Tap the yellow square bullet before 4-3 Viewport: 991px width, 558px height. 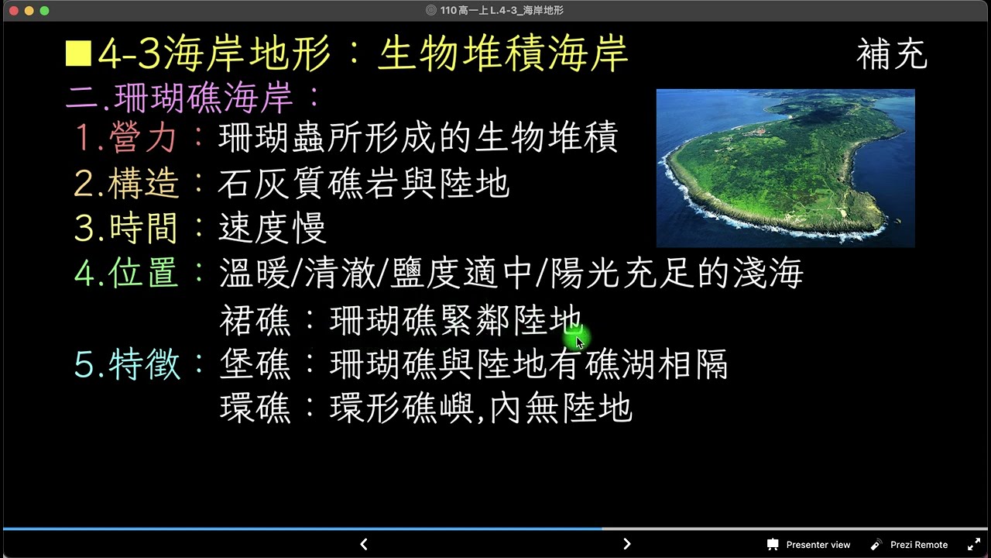click(x=78, y=54)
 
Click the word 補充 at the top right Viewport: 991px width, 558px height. click(x=891, y=56)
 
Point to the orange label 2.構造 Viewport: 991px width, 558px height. click(x=126, y=184)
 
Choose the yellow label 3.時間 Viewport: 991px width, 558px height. click(x=126, y=229)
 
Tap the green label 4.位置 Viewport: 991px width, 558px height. click(x=126, y=274)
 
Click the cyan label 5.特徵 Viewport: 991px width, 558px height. click(x=126, y=364)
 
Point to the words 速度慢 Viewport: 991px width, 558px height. click(x=273, y=229)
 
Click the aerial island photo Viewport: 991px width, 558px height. click(x=785, y=168)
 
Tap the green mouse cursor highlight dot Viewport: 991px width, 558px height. click(x=578, y=339)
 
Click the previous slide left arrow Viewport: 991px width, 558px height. click(x=364, y=544)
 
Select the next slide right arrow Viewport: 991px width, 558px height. click(x=627, y=544)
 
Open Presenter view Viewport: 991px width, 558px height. click(x=808, y=545)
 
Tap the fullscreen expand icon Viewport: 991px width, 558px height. click(x=974, y=545)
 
